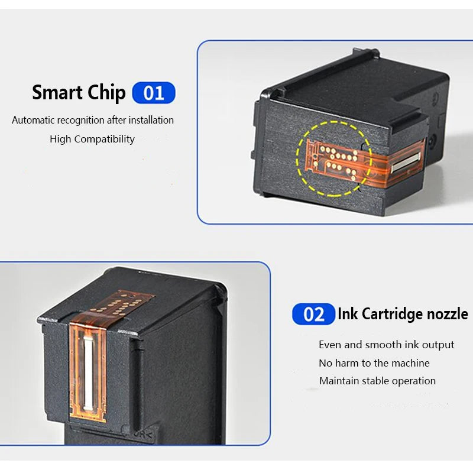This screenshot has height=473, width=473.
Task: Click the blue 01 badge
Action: [154, 93]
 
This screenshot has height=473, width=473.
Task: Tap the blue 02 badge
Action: [313, 314]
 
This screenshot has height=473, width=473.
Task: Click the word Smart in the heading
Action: [57, 92]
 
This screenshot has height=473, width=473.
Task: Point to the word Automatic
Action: [33, 120]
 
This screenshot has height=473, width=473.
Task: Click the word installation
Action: [151, 120]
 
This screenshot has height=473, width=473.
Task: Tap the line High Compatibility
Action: [92, 139]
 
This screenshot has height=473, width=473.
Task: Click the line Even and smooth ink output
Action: [387, 345]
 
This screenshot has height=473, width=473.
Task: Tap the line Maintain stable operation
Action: [377, 381]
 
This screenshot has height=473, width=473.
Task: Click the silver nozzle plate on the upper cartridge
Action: [406, 162]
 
